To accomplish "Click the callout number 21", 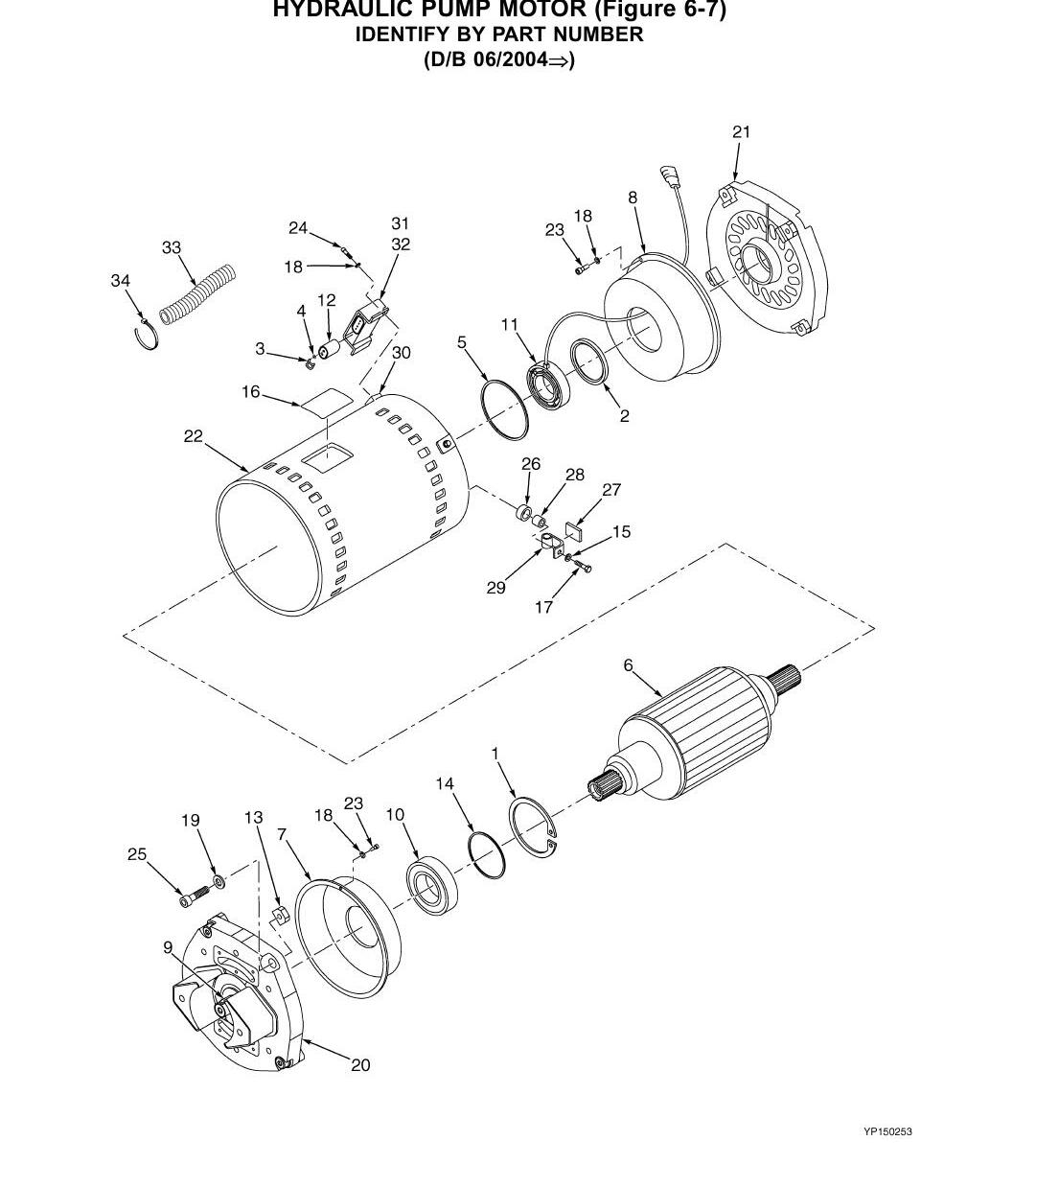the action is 741,132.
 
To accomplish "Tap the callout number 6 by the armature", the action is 629,665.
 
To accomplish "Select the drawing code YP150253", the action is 887,1149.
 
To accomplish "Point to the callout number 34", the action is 120,281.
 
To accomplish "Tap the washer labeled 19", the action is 219,880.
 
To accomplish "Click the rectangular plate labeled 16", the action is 327,402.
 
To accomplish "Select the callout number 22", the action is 194,436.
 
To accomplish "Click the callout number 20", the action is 360,1065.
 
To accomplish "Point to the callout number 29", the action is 496,588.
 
